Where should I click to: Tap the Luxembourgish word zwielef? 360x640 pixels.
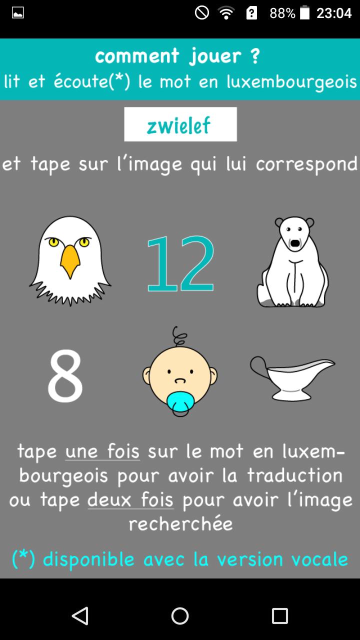click(179, 125)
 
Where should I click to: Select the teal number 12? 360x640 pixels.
click(180, 263)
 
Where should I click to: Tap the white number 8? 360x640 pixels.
click(65, 375)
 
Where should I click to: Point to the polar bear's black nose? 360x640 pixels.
click(295, 243)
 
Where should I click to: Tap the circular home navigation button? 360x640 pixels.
click(180, 615)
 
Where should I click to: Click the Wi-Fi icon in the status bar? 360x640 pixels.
click(226, 13)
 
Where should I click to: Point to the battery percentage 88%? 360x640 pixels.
click(282, 13)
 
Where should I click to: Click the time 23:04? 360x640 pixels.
click(334, 13)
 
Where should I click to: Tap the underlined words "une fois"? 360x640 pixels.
click(102, 451)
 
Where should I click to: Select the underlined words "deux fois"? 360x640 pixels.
click(130, 500)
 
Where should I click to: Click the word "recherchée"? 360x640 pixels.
click(180, 523)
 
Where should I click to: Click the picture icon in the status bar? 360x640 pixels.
click(17, 13)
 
